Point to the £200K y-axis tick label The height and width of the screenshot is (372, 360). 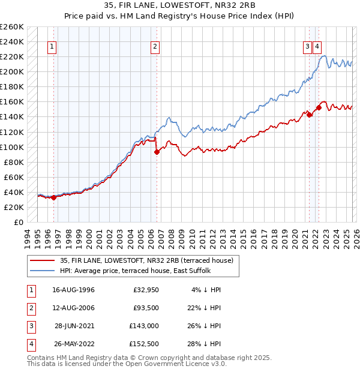(x=13, y=71)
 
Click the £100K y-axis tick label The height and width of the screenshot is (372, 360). (x=13, y=147)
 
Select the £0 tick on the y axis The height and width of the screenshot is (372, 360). (x=19, y=222)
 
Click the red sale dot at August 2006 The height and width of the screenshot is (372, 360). (x=157, y=152)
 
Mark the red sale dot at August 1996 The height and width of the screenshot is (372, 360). (x=54, y=197)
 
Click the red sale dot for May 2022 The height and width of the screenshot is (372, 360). (x=319, y=107)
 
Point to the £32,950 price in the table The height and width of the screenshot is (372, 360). (x=146, y=290)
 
